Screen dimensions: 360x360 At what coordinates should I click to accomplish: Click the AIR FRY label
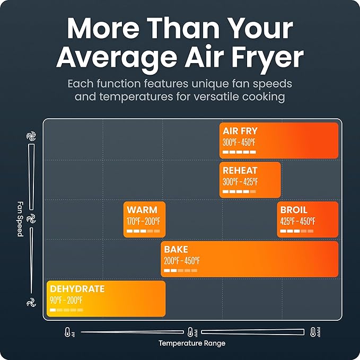coord(241,131)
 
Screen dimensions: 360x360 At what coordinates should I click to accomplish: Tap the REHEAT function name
coord(240,171)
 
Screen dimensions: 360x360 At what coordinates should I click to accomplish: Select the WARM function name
coord(142,210)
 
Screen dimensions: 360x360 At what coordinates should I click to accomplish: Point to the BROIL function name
coord(294,210)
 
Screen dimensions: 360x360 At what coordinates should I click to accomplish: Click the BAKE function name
coord(176,250)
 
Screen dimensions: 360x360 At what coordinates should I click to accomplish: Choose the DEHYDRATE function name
coord(77,289)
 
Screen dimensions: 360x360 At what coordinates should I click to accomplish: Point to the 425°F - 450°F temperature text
coord(297,221)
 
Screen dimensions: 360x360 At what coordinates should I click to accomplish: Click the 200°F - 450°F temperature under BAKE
coord(182,260)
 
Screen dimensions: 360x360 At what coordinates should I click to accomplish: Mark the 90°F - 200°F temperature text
coord(66,300)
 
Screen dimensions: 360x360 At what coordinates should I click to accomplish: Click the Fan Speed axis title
coord(20,218)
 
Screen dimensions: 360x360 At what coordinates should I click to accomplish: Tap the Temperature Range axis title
coord(192,343)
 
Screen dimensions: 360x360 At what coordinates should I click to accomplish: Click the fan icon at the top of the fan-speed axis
coord(31,136)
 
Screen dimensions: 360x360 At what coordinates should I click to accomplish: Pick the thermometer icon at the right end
coord(313,332)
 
